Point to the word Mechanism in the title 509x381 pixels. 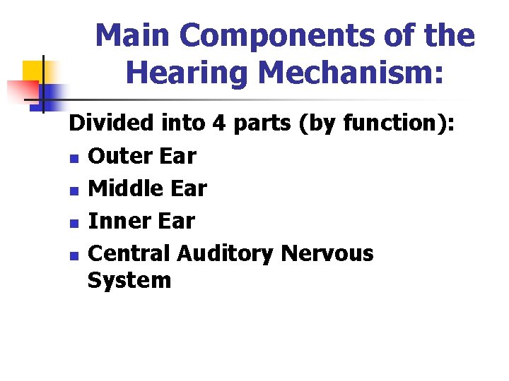click(346, 73)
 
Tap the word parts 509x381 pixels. click(262, 123)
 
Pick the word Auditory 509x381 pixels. click(226, 253)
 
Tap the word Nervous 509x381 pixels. click(327, 253)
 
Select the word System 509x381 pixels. click(129, 280)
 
